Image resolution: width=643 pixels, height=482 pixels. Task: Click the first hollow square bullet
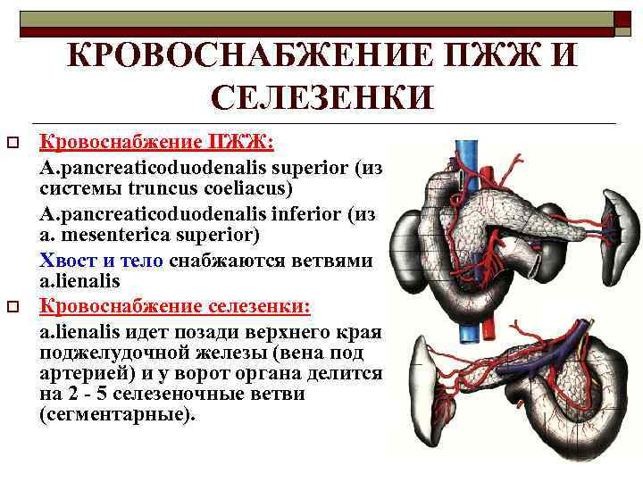(x=13, y=143)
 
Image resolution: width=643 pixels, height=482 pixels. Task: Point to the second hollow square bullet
(x=13, y=308)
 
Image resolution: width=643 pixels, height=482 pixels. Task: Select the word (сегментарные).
(x=116, y=415)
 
